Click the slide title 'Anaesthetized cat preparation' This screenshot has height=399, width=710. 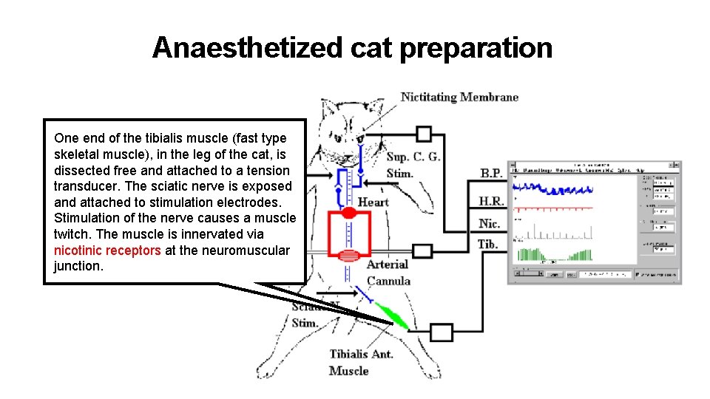[352, 48]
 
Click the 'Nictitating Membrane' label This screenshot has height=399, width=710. [459, 97]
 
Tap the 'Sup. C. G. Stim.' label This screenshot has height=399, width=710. [413, 165]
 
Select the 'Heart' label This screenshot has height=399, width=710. [373, 202]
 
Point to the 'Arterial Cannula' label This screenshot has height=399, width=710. [388, 273]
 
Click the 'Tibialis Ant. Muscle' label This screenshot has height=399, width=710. [360, 362]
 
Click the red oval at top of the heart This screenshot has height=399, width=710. [349, 213]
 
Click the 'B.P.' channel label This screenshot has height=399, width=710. [491, 174]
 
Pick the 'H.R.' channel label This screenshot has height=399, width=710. [490, 200]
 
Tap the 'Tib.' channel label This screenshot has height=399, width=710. [487, 244]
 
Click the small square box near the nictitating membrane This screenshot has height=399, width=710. [423, 134]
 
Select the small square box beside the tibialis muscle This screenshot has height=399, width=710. [441, 332]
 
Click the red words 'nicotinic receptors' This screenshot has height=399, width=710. [107, 250]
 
